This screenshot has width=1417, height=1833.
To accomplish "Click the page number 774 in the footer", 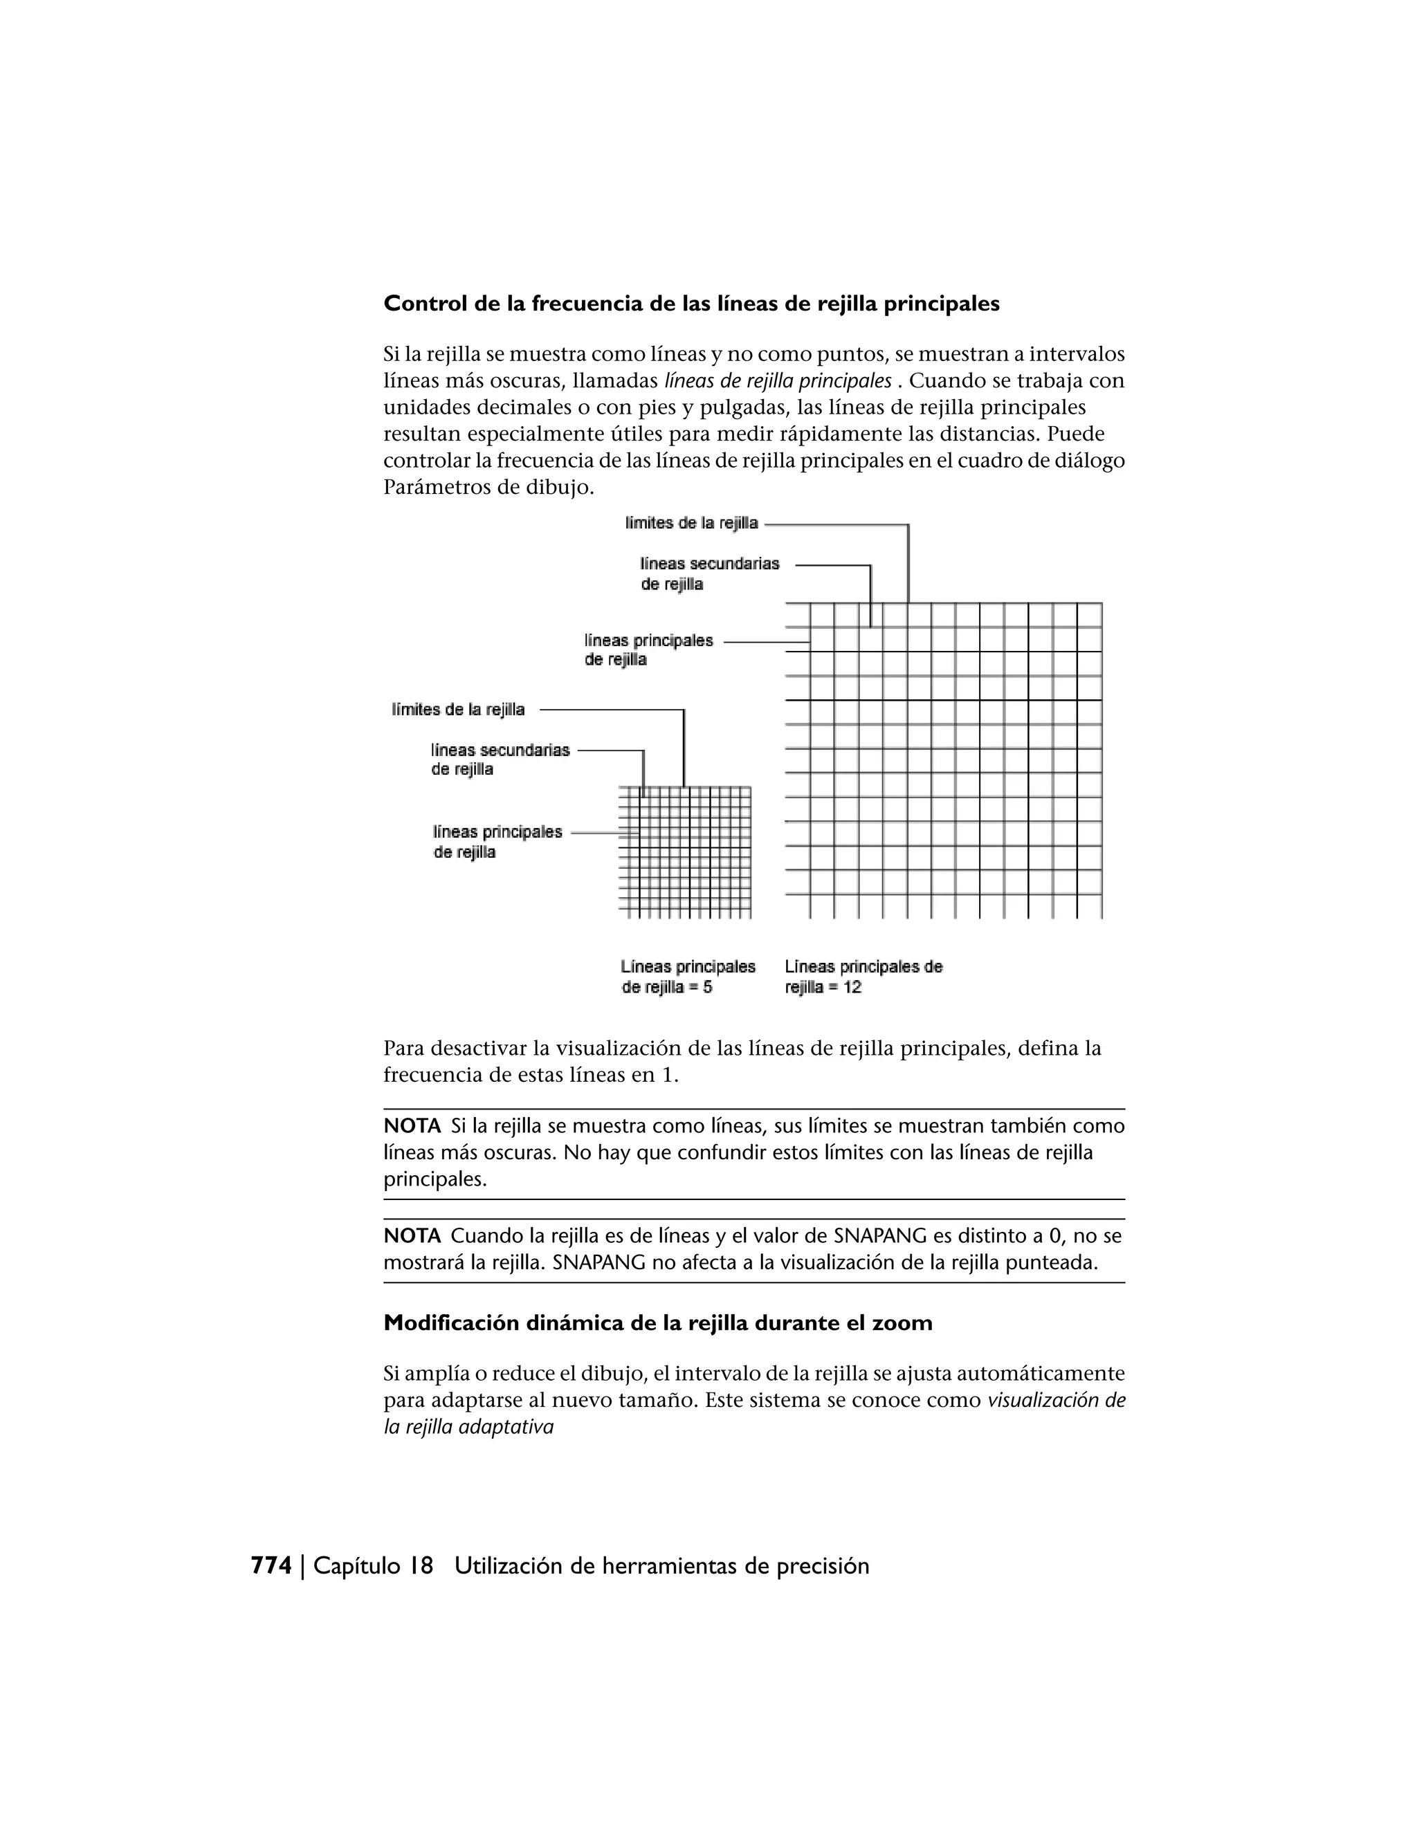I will [271, 1566].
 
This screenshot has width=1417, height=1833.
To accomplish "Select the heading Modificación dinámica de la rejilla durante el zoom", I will [657, 1323].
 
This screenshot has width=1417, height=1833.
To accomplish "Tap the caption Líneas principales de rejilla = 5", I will [688, 977].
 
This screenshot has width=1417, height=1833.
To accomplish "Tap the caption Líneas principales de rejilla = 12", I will [863, 977].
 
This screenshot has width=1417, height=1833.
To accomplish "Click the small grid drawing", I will [685, 852].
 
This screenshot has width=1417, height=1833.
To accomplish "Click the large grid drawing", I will [944, 760].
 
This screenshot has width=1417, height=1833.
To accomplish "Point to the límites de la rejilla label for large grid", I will [691, 524].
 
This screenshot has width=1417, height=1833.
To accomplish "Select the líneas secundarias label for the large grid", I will [709, 573].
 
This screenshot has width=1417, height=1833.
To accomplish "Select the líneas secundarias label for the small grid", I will [500, 759].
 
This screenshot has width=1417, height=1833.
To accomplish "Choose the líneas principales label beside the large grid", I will [648, 650].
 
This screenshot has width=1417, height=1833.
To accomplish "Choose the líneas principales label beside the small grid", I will [497, 842].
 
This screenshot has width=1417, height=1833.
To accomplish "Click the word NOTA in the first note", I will [412, 1126].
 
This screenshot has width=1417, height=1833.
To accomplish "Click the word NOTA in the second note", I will [412, 1236].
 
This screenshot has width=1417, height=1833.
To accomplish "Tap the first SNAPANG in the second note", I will [880, 1236].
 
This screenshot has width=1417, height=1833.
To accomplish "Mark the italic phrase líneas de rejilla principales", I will [777, 381].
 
